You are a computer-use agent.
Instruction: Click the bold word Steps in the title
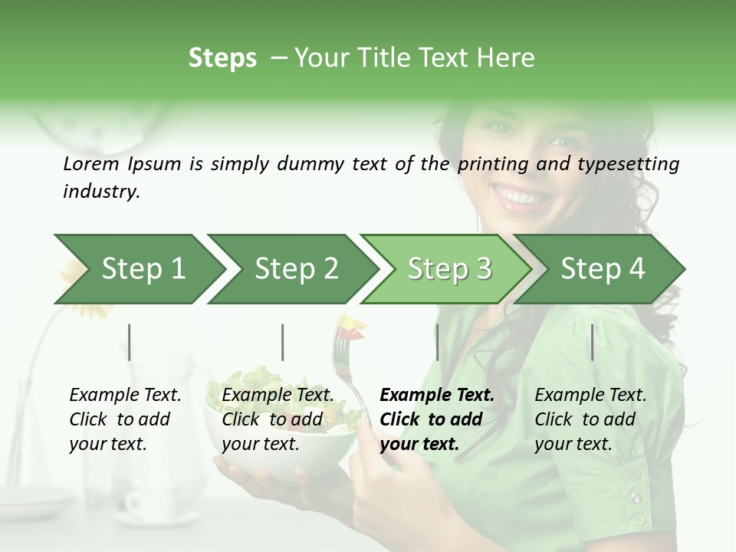point(222,58)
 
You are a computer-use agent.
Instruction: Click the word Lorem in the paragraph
point(90,163)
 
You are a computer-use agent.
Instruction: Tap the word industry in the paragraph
point(100,192)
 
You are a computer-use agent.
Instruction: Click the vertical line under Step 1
point(130,342)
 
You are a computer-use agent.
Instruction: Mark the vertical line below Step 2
point(283,342)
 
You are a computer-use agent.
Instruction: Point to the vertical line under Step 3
point(437,342)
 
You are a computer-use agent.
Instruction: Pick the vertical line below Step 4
point(593,342)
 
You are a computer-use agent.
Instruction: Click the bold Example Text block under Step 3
point(437,419)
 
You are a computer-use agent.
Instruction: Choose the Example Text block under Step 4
point(590,419)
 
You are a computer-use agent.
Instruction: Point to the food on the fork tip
point(352,326)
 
